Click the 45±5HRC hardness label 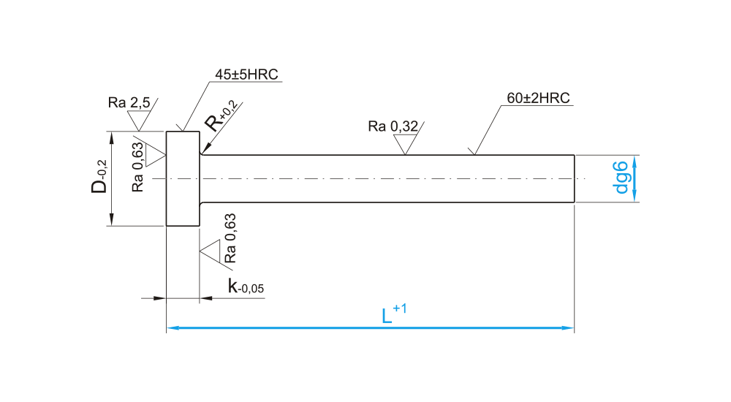coord(246,75)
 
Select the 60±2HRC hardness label coord(537,98)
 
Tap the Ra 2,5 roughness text coord(129,103)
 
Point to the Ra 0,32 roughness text coord(393,126)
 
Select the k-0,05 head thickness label coord(245,287)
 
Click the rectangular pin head coord(183,178)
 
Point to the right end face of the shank coord(574,178)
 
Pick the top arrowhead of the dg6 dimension coord(635,160)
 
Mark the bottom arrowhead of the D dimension coord(111,221)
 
